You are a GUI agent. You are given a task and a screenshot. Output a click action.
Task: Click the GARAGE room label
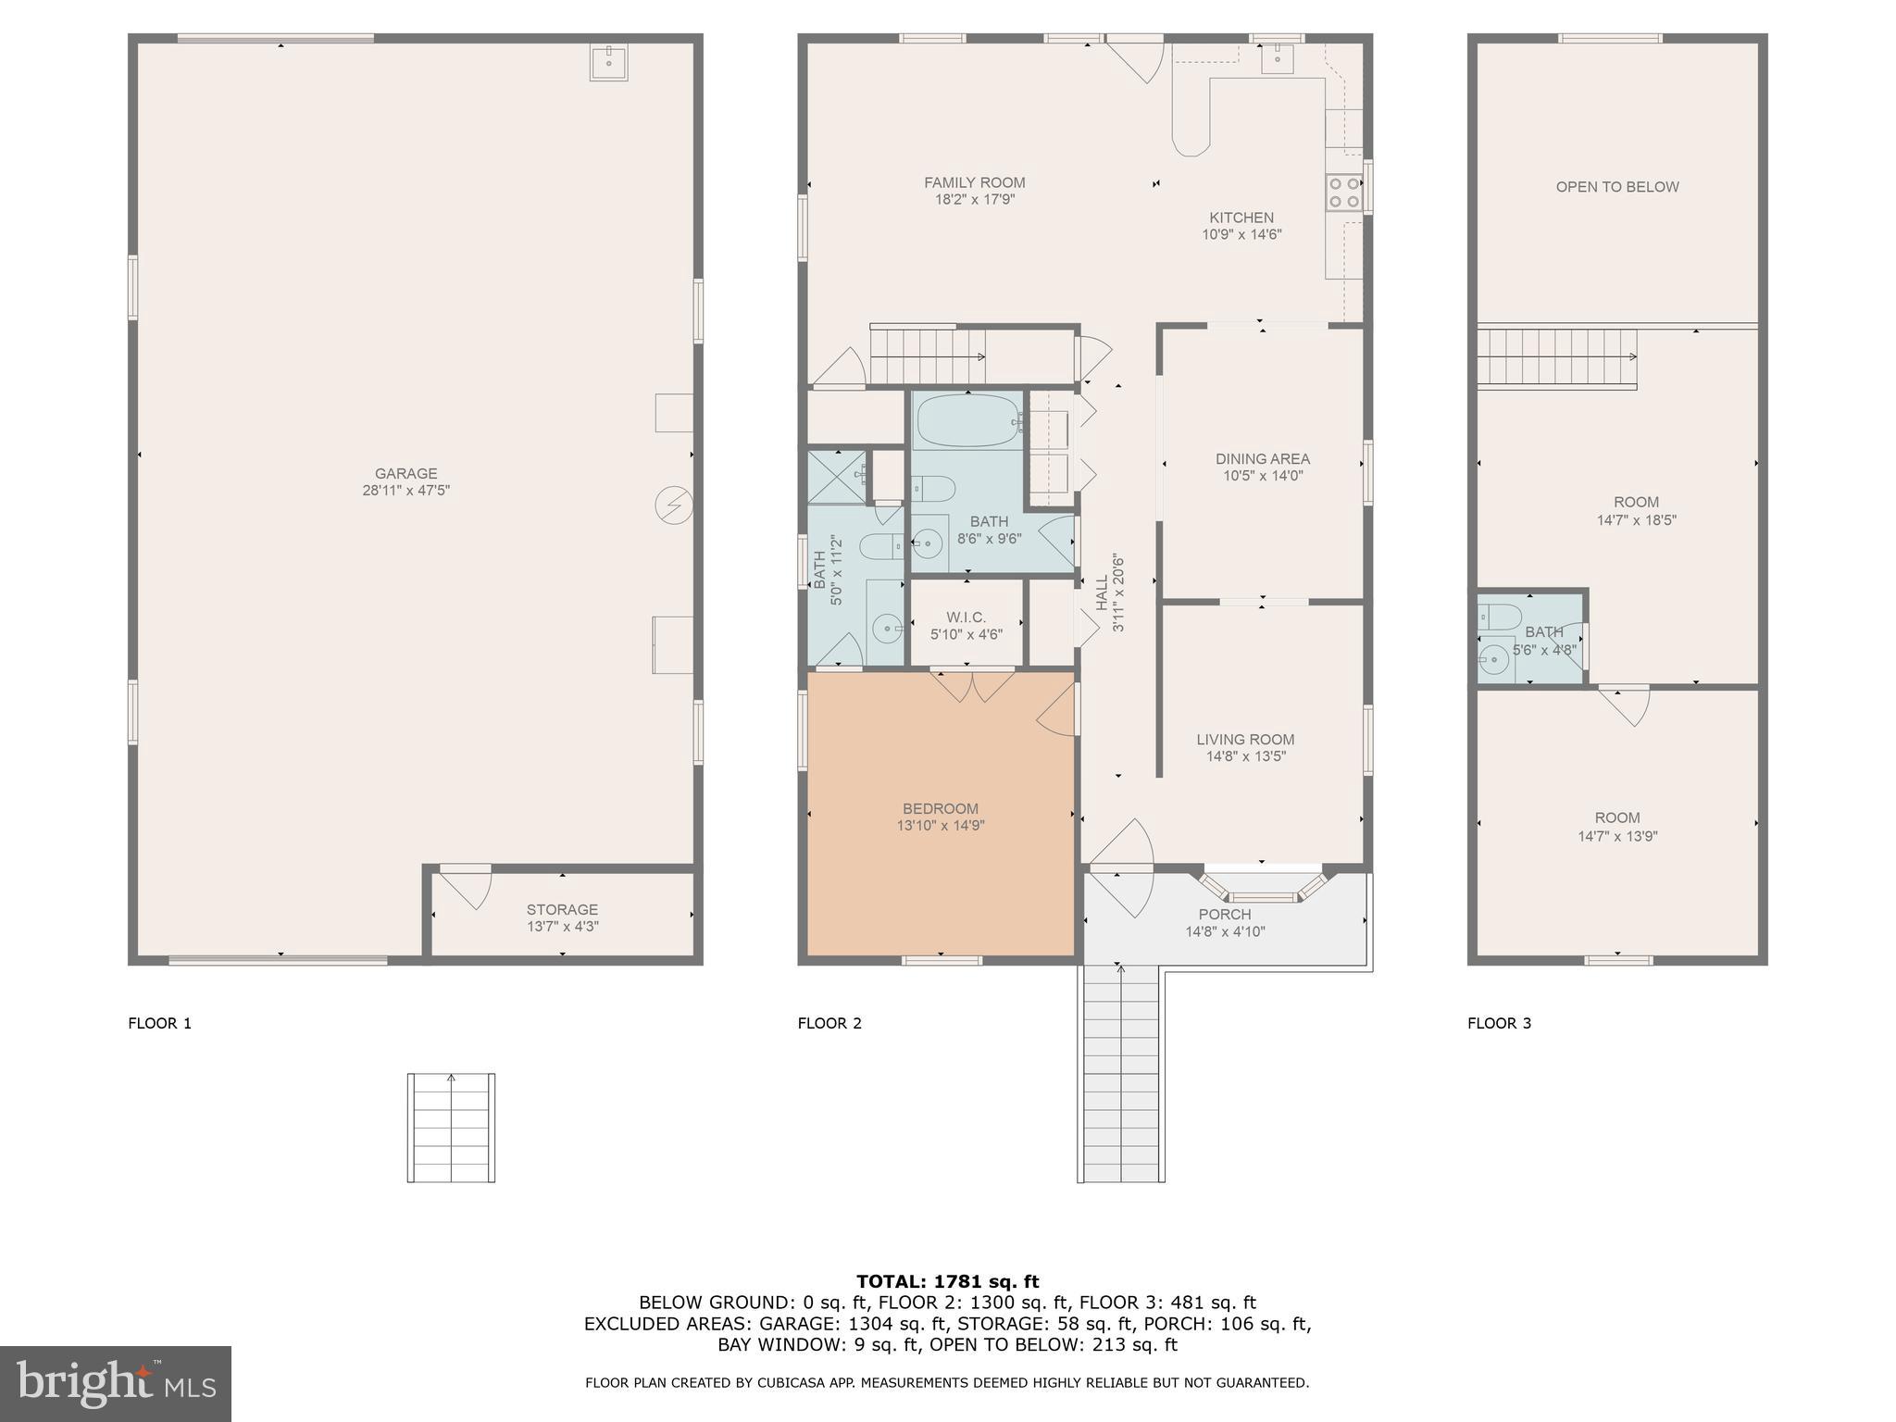pos(405,474)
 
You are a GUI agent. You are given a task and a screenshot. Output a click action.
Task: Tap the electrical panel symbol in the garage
pos(673,505)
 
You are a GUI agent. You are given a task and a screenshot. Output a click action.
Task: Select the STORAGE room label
pos(562,909)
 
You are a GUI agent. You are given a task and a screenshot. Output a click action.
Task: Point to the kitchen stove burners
pos(1343,193)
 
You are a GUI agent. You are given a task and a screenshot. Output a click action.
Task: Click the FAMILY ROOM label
pos(974,183)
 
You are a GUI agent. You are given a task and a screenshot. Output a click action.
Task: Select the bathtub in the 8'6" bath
pos(967,422)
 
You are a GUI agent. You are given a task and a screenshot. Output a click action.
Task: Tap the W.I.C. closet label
pos(966,617)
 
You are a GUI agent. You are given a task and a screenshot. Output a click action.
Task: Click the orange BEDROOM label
pos(940,808)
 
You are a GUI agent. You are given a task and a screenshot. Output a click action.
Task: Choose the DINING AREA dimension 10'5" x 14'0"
pos(1262,476)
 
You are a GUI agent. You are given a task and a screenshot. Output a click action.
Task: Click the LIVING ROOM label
pos(1244,739)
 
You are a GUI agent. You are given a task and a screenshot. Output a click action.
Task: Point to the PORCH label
pos(1224,915)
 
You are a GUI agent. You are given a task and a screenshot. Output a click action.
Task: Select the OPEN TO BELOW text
pos(1616,187)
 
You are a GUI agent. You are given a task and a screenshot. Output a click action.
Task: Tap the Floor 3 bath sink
pos(1492,660)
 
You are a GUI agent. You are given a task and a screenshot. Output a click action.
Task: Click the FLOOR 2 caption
pos(829,1023)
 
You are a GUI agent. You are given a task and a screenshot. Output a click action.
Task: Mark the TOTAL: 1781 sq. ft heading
pos(947,1281)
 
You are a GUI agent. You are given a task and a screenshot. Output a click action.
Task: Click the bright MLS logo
pos(115,1384)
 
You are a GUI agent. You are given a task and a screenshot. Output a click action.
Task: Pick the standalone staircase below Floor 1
pos(451,1128)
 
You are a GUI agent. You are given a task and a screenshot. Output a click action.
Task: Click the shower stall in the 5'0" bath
pos(836,477)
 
